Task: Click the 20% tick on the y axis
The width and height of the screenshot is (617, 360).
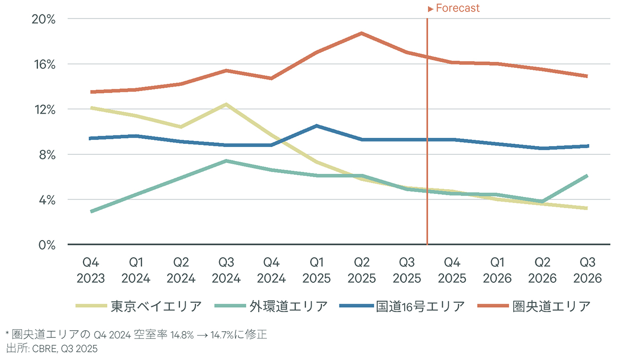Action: pos(44,19)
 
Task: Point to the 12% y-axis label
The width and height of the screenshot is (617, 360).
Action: pos(44,109)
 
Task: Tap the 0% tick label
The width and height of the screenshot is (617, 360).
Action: pos(47,244)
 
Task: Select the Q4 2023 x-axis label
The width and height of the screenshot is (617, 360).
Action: pos(90,271)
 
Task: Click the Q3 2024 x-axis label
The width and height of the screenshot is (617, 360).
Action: pos(226,271)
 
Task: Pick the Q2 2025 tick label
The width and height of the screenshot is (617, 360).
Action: pos(362,271)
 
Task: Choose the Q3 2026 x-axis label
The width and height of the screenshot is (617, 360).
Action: pos(588,271)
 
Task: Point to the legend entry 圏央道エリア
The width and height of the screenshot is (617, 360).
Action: pos(552,306)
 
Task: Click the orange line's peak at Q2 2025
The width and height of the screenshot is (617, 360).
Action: pos(362,33)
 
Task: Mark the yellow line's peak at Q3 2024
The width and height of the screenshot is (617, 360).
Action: pos(226,104)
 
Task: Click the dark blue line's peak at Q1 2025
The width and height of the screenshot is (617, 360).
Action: pos(317,126)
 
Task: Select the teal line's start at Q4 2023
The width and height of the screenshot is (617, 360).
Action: pos(91,211)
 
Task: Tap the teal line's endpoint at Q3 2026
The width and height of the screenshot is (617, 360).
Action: pos(587,176)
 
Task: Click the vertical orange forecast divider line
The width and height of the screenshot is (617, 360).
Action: pos(427,154)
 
